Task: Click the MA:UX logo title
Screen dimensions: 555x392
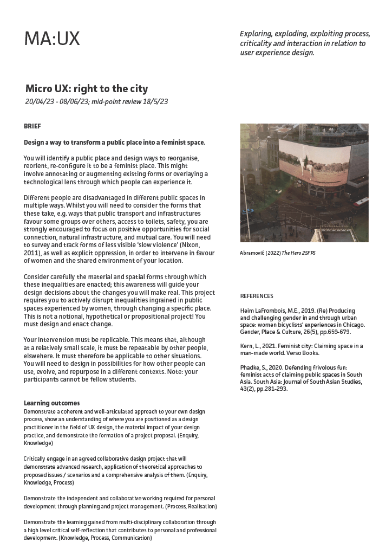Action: [x=52, y=38]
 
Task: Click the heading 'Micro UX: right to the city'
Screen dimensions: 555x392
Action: [x=87, y=88]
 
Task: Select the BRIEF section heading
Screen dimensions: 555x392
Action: [x=32, y=126]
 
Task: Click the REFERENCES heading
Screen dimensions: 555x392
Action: [x=257, y=296]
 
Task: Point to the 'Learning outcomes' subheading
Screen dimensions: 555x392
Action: [x=52, y=403]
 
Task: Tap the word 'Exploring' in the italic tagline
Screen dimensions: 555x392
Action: [x=257, y=34]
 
